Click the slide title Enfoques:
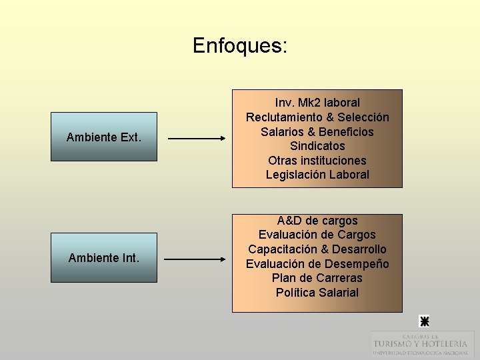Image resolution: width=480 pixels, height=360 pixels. point(240,45)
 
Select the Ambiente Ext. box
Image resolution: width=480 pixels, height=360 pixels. point(104,137)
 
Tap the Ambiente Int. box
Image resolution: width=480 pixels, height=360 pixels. point(104,257)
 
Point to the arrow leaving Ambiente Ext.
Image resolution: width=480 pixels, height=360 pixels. point(197,139)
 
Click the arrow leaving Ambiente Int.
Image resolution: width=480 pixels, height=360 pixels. point(195,259)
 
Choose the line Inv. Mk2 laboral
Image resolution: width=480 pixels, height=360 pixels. point(317,103)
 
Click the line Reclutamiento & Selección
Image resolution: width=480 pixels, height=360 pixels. point(317,117)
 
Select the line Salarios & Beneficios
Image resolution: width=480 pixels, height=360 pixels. point(317,132)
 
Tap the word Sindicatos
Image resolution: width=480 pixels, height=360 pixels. point(317,146)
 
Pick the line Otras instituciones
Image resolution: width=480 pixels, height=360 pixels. point(317,161)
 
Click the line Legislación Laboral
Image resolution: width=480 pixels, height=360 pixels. point(317,175)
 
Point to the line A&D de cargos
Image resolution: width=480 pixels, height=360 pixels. point(317,221)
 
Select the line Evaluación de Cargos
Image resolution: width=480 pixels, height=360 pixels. point(317,235)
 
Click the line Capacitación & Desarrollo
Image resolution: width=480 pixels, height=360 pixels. point(317,249)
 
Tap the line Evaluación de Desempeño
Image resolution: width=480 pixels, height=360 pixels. point(317,264)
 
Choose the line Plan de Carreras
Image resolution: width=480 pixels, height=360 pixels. point(317,278)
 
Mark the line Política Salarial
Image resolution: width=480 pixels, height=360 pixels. point(317,293)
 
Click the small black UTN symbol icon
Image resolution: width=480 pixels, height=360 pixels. point(423,321)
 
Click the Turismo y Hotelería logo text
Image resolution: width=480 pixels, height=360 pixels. point(420,344)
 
